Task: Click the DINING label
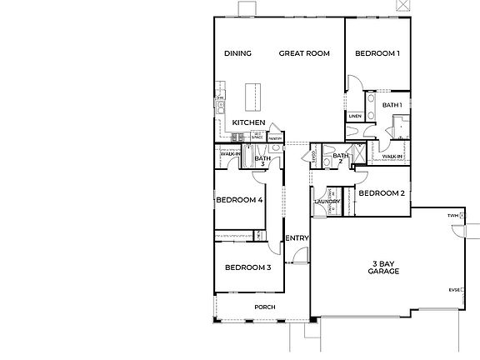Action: click(x=237, y=53)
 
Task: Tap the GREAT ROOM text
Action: click(x=303, y=53)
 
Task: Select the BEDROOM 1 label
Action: click(x=377, y=53)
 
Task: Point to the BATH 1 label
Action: click(x=392, y=105)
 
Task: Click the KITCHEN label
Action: click(x=248, y=122)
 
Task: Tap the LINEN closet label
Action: click(x=355, y=117)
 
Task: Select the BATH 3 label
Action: click(x=262, y=160)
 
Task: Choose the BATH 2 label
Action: click(x=340, y=158)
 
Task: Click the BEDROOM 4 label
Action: click(x=239, y=200)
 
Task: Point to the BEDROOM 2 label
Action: click(x=381, y=193)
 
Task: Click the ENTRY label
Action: click(x=297, y=238)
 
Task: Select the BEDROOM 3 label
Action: click(x=247, y=267)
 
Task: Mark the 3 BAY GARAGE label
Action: click(x=383, y=267)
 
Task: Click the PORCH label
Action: click(x=265, y=307)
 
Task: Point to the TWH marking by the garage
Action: click(x=452, y=215)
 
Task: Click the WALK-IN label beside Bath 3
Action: click(x=230, y=154)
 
